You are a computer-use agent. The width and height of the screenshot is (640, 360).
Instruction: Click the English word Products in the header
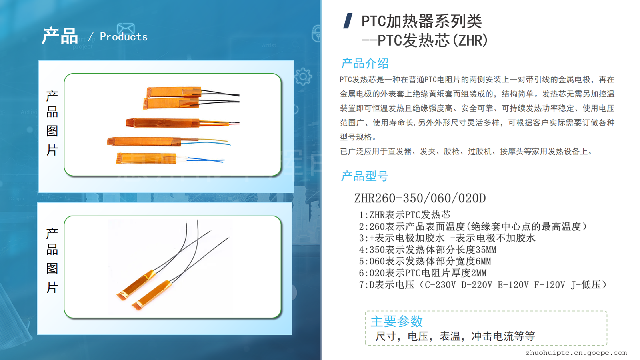[124, 36]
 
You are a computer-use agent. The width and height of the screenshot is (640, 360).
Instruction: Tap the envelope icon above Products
[126, 29]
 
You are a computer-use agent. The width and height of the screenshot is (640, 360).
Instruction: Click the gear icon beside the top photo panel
[303, 76]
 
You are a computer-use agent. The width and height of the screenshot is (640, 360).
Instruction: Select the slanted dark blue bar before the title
[348, 21]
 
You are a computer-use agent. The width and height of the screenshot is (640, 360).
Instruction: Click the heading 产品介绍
[365, 64]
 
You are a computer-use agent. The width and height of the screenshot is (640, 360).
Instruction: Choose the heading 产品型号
[364, 176]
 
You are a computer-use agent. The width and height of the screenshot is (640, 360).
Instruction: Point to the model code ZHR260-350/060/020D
[420, 198]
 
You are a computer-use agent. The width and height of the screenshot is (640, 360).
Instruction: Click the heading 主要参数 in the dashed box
[396, 322]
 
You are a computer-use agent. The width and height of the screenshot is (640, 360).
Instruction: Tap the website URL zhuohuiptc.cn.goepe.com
[576, 353]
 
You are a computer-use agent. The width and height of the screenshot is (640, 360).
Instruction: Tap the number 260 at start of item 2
[377, 227]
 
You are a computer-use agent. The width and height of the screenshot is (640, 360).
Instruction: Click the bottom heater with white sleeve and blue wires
[170, 159]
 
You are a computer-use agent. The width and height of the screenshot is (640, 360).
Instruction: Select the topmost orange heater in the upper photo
[192, 92]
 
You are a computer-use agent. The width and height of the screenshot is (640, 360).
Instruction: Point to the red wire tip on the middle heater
[238, 123]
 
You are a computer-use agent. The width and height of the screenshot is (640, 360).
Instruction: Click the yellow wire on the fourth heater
[204, 140]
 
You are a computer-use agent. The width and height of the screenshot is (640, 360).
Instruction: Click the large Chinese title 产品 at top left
[60, 36]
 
